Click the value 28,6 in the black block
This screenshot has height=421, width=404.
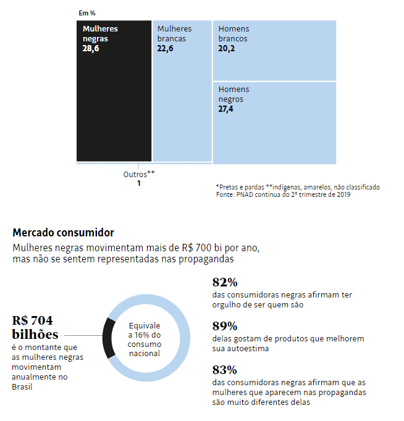click(x=91, y=49)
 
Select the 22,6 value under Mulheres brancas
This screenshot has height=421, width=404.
click(x=165, y=49)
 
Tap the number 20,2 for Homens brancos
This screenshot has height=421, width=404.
click(x=227, y=49)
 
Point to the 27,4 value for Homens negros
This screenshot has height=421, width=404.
click(x=225, y=109)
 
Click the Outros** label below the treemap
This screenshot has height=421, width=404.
click(x=139, y=175)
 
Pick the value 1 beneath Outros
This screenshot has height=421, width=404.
click(x=139, y=183)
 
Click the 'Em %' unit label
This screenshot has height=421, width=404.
click(x=87, y=13)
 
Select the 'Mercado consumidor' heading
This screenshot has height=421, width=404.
click(x=64, y=233)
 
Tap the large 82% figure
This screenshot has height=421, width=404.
click(x=225, y=283)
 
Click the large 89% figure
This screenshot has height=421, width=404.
click(x=225, y=326)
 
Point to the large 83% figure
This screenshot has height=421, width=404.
click(x=225, y=370)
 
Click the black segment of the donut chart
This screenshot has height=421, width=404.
click(x=107, y=338)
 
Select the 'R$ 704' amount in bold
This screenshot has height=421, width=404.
click(x=32, y=320)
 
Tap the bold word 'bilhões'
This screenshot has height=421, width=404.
click(x=35, y=335)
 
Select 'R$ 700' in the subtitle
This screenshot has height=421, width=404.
click(x=196, y=248)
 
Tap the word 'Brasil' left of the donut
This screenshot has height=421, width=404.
click(x=22, y=387)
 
